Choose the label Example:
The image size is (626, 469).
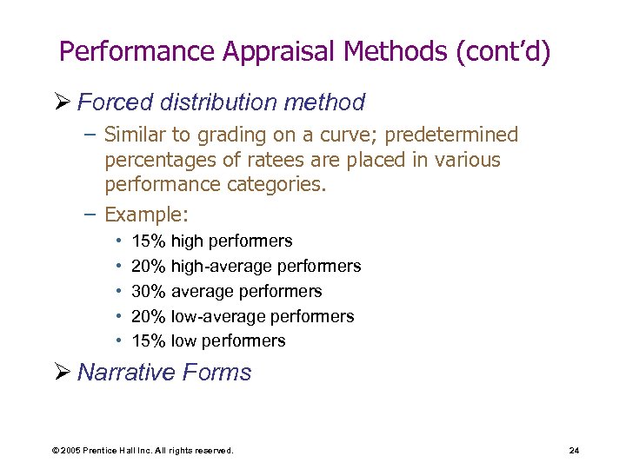146,214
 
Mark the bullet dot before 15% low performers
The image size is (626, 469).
117,341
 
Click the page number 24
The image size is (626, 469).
573,450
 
